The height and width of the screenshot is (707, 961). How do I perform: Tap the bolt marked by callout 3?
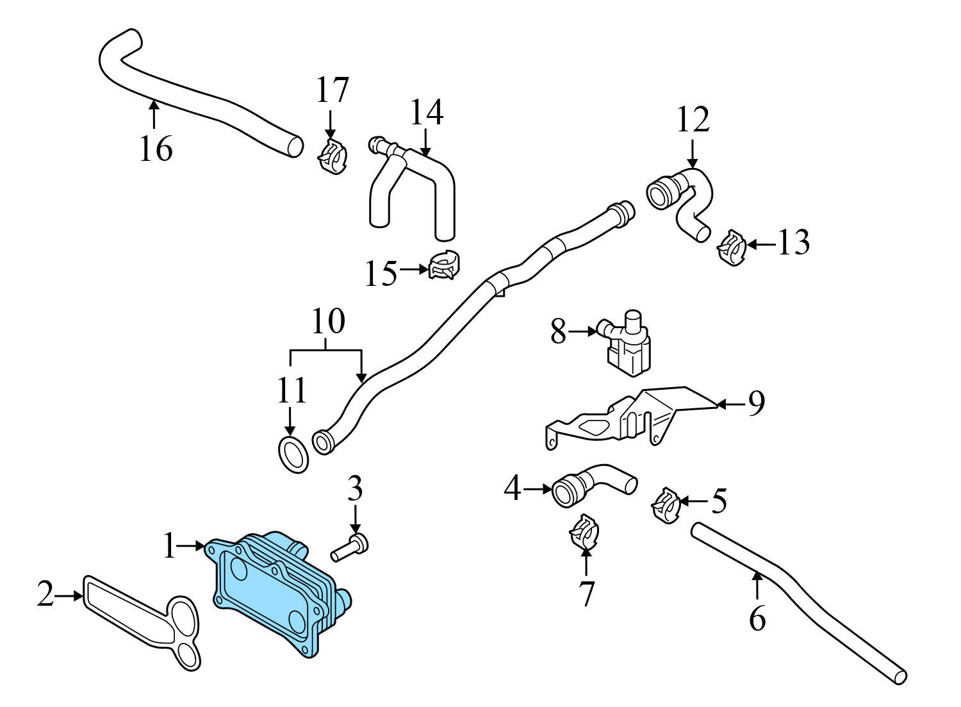tap(349, 548)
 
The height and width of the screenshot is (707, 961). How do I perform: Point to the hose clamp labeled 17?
tap(333, 157)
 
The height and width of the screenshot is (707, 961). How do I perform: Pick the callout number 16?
tap(156, 149)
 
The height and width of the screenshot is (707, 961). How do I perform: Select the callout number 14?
tap(426, 112)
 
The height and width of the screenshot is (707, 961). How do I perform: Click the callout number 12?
tap(693, 121)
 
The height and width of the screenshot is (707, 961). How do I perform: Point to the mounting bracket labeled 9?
tap(634, 417)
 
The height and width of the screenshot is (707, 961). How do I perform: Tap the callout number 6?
tap(757, 619)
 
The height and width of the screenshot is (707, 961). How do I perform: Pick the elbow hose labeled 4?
tap(593, 486)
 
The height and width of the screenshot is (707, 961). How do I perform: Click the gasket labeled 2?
tap(141, 615)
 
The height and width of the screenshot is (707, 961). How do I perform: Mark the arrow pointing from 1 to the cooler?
tap(191, 546)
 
